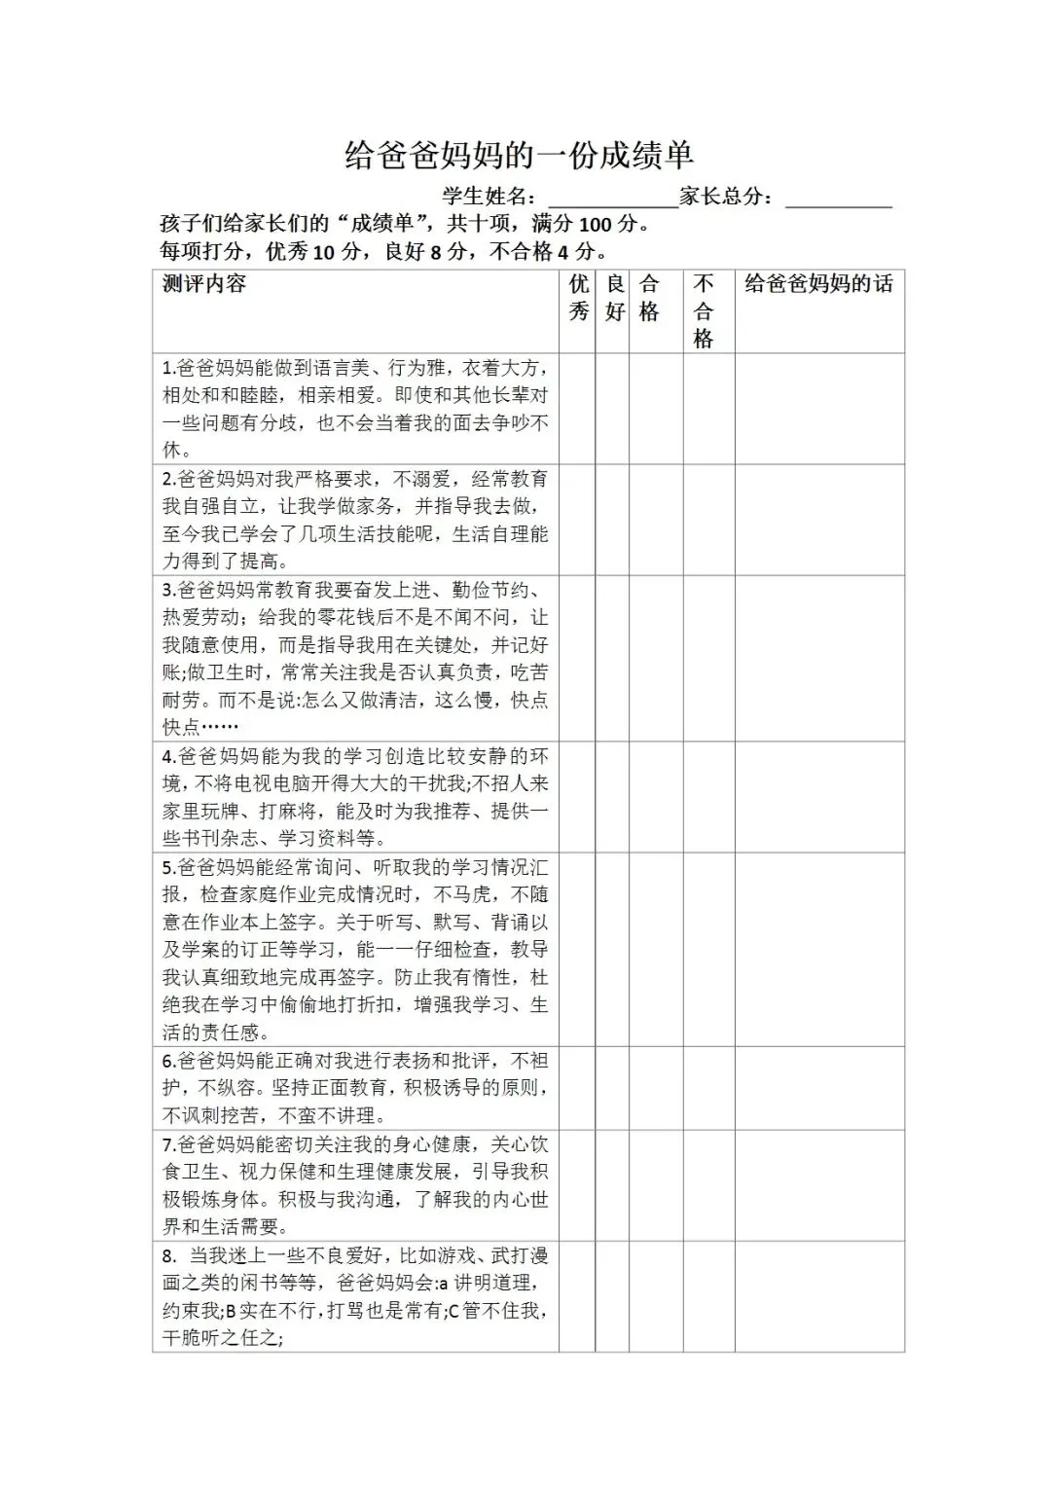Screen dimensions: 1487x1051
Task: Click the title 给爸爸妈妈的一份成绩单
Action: (x=519, y=156)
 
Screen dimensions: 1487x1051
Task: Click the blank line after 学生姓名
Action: (x=613, y=199)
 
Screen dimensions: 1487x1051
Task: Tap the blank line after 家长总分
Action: (x=838, y=199)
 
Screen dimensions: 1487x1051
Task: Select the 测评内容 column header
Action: (x=204, y=284)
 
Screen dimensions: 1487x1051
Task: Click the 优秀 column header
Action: (x=578, y=298)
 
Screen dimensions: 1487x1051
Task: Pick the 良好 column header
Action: (x=614, y=298)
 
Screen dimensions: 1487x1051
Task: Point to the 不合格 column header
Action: (x=704, y=311)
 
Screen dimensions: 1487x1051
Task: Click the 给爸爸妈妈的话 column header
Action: (x=818, y=284)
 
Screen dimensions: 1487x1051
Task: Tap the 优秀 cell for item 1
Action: (x=578, y=409)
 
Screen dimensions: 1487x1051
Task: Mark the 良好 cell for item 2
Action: (x=613, y=520)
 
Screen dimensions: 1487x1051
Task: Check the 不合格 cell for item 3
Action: (x=708, y=658)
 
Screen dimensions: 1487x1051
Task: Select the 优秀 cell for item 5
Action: (x=578, y=949)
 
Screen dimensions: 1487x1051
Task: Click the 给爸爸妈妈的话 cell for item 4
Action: (x=819, y=797)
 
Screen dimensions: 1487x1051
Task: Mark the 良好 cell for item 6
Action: (x=613, y=1088)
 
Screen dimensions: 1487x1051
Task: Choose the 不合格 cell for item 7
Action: (x=708, y=1185)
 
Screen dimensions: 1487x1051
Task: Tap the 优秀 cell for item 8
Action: (x=578, y=1296)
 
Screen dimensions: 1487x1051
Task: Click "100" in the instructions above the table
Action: (x=596, y=225)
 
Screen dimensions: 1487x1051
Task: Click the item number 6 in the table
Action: (x=167, y=1061)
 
